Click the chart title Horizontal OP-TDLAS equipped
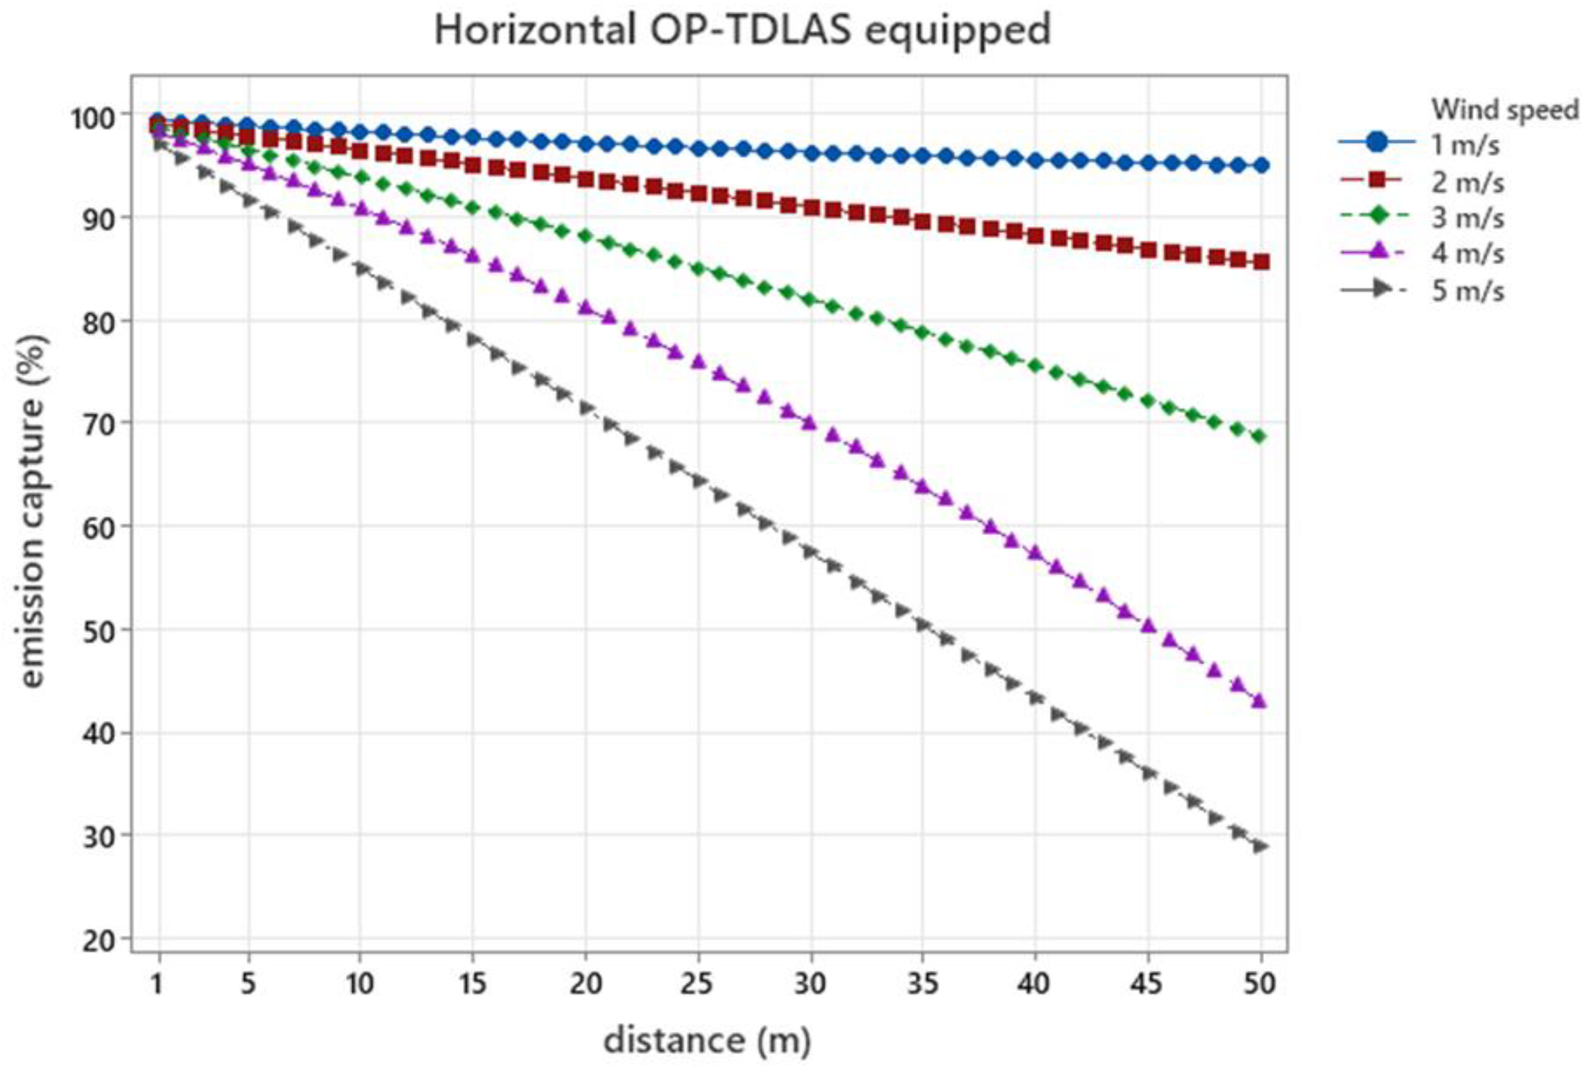(742, 31)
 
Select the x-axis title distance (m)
(706, 1041)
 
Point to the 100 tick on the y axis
(94, 117)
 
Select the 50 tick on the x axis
(1260, 984)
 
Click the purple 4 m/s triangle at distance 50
(1261, 702)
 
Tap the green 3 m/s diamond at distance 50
(1261, 437)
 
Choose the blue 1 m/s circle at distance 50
(1261, 166)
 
